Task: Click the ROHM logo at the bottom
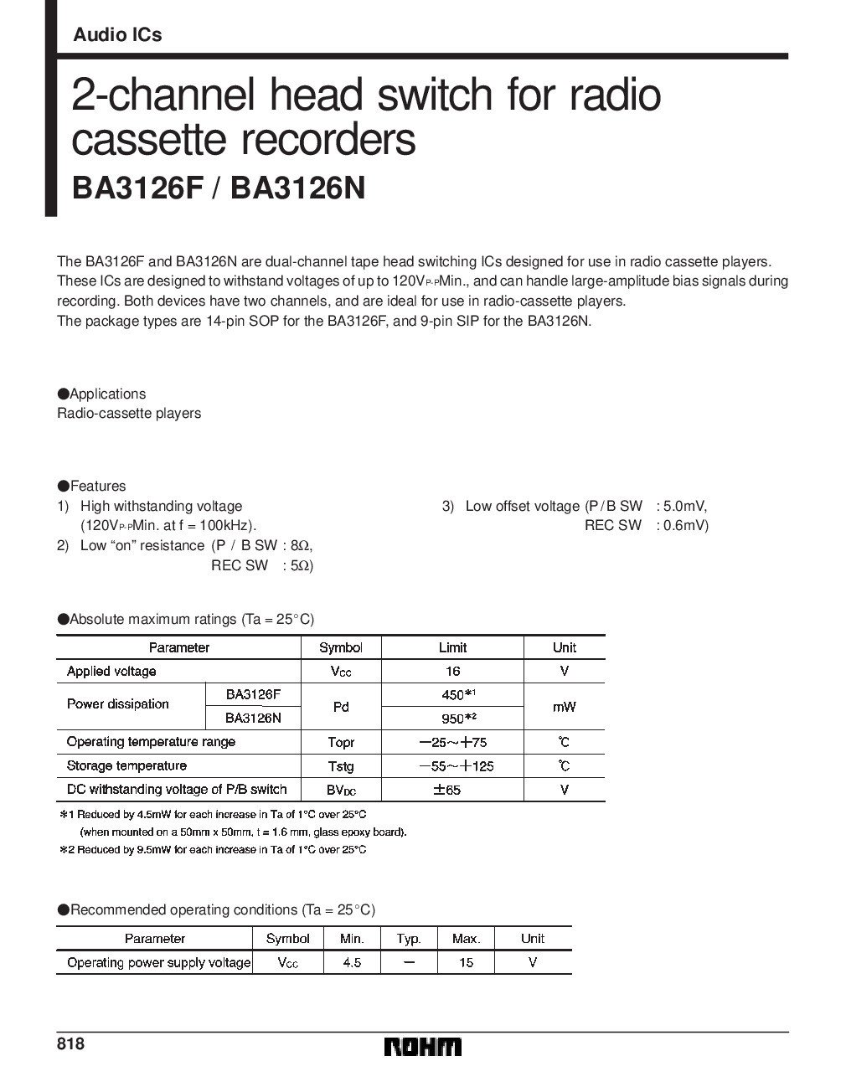click(x=422, y=1048)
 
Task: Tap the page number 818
click(x=70, y=1044)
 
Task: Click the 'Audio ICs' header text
click(x=117, y=35)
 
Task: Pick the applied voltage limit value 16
click(x=452, y=672)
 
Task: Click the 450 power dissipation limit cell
click(x=452, y=695)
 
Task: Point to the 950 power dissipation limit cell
click(x=452, y=719)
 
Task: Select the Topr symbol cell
click(x=341, y=742)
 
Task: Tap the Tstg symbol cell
click(x=341, y=765)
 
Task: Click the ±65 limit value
click(x=452, y=790)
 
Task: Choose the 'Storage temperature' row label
click(x=126, y=765)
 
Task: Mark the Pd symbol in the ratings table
click(x=341, y=707)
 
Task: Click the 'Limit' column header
click(x=452, y=647)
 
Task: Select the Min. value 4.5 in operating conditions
click(x=352, y=963)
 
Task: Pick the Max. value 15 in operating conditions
click(x=466, y=963)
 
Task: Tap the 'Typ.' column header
click(x=409, y=939)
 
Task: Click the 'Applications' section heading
click(x=107, y=394)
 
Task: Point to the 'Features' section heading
click(x=97, y=486)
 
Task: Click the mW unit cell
click(x=564, y=707)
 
